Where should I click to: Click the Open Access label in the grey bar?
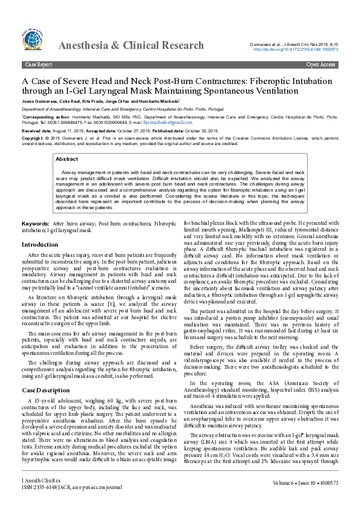tap(321, 64)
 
